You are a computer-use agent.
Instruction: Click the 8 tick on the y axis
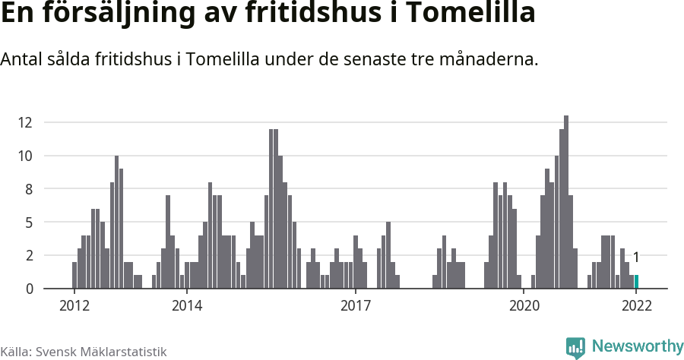pyautogui.click(x=28, y=189)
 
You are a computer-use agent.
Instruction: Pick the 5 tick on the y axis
pyautogui.click(x=28, y=223)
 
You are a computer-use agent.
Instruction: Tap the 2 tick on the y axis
pyautogui.click(x=28, y=255)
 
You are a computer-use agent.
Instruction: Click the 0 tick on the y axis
pyautogui.click(x=28, y=289)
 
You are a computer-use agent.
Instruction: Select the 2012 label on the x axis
pyautogui.click(x=74, y=305)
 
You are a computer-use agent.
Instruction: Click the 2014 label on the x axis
pyautogui.click(x=186, y=305)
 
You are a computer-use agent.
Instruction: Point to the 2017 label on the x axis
pyautogui.click(x=355, y=305)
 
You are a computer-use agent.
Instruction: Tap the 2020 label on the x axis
pyautogui.click(x=524, y=305)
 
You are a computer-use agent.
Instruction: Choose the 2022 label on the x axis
pyautogui.click(x=636, y=305)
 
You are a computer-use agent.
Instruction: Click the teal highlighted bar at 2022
pyautogui.click(x=636, y=282)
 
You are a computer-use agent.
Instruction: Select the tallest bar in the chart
pyautogui.click(x=566, y=202)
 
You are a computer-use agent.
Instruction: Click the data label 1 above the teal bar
pyautogui.click(x=636, y=257)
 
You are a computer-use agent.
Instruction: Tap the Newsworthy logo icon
pyautogui.click(x=575, y=347)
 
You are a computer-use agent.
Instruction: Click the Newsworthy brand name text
pyautogui.click(x=637, y=346)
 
